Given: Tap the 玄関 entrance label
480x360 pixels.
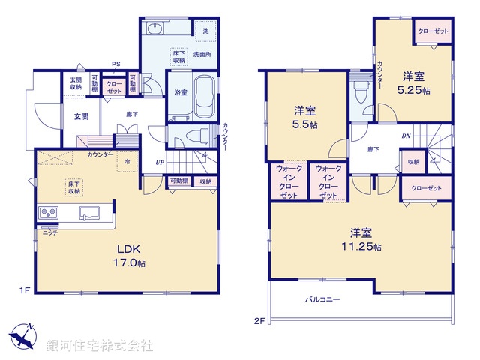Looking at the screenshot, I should coord(81,116).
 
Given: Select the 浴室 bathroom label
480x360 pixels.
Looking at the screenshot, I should coord(181,93).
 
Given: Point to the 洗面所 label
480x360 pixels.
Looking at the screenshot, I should coord(202,55).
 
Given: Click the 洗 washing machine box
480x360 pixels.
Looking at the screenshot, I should coord(205,31).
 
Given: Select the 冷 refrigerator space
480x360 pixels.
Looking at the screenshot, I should coord(127,161).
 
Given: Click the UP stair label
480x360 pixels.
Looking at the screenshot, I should coord(159,162).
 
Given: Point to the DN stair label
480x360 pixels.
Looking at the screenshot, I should coord(406,136).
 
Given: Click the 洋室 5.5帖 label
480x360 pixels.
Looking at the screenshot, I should coord(304,118).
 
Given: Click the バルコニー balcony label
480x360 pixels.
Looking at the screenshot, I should coord(322,298).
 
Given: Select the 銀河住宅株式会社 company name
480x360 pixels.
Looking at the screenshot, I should coord(99,346).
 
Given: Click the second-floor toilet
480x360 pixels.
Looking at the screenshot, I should coord(360,93).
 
